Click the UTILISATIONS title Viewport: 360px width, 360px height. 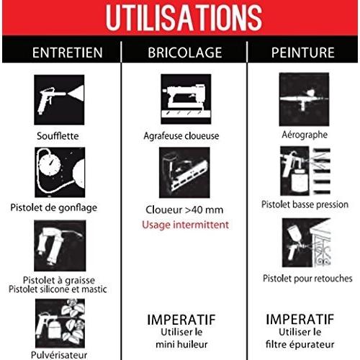184,18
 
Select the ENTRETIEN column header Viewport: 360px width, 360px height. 68,53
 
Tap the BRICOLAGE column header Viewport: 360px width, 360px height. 185,53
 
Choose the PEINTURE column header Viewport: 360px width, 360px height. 303,53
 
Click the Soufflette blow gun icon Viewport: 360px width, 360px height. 59,99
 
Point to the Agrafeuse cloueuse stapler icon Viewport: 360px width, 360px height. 186,99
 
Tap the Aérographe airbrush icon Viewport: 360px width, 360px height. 304,99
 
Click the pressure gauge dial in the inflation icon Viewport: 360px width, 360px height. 50,164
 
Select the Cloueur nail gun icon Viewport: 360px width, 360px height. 184,173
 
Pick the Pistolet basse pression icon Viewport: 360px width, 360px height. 305,171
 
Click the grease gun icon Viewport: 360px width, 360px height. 60,246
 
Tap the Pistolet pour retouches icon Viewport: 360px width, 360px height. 307,243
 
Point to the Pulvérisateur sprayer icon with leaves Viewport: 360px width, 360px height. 60,323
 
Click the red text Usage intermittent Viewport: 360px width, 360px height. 185,225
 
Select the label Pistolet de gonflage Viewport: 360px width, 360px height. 54,207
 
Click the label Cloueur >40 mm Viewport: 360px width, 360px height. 184,210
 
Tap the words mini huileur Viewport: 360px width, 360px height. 181,344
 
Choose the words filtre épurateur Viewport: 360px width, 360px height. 300,345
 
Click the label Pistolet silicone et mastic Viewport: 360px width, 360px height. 58,289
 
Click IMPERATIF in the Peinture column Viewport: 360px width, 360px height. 300,319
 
